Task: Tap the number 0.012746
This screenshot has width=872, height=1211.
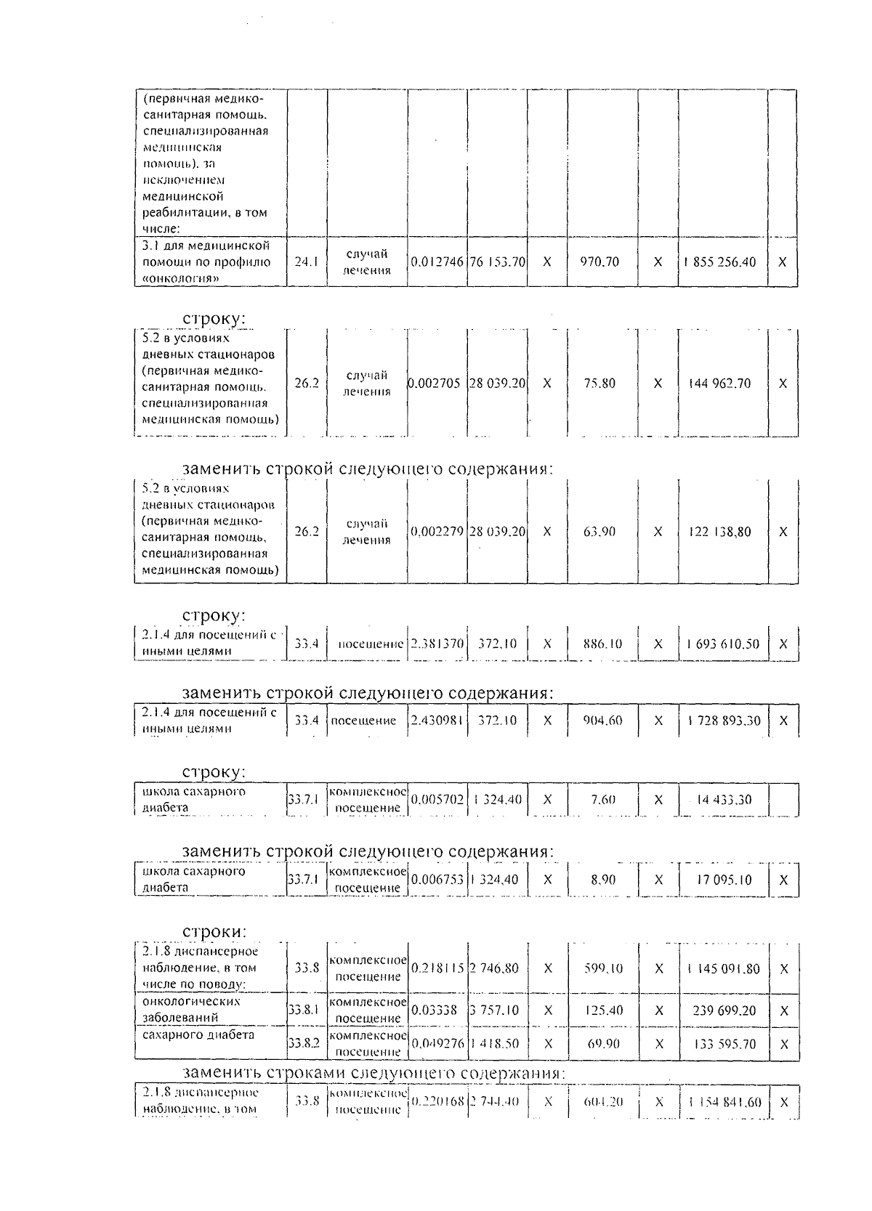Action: pyautogui.click(x=437, y=262)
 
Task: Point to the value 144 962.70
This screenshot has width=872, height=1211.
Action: pyautogui.click(x=720, y=384)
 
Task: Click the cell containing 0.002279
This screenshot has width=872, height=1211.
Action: pyautogui.click(x=437, y=532)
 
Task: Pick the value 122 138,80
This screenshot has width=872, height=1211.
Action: pyautogui.click(x=720, y=532)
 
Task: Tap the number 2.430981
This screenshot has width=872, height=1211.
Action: pyautogui.click(x=437, y=721)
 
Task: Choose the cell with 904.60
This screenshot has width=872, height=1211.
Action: pyautogui.click(x=602, y=721)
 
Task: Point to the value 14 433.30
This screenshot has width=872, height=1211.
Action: pyautogui.click(x=724, y=800)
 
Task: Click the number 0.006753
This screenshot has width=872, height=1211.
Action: pyautogui.click(x=437, y=880)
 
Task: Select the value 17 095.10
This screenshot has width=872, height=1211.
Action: pyautogui.click(x=724, y=880)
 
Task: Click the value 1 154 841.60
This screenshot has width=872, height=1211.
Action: pyautogui.click(x=724, y=1102)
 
